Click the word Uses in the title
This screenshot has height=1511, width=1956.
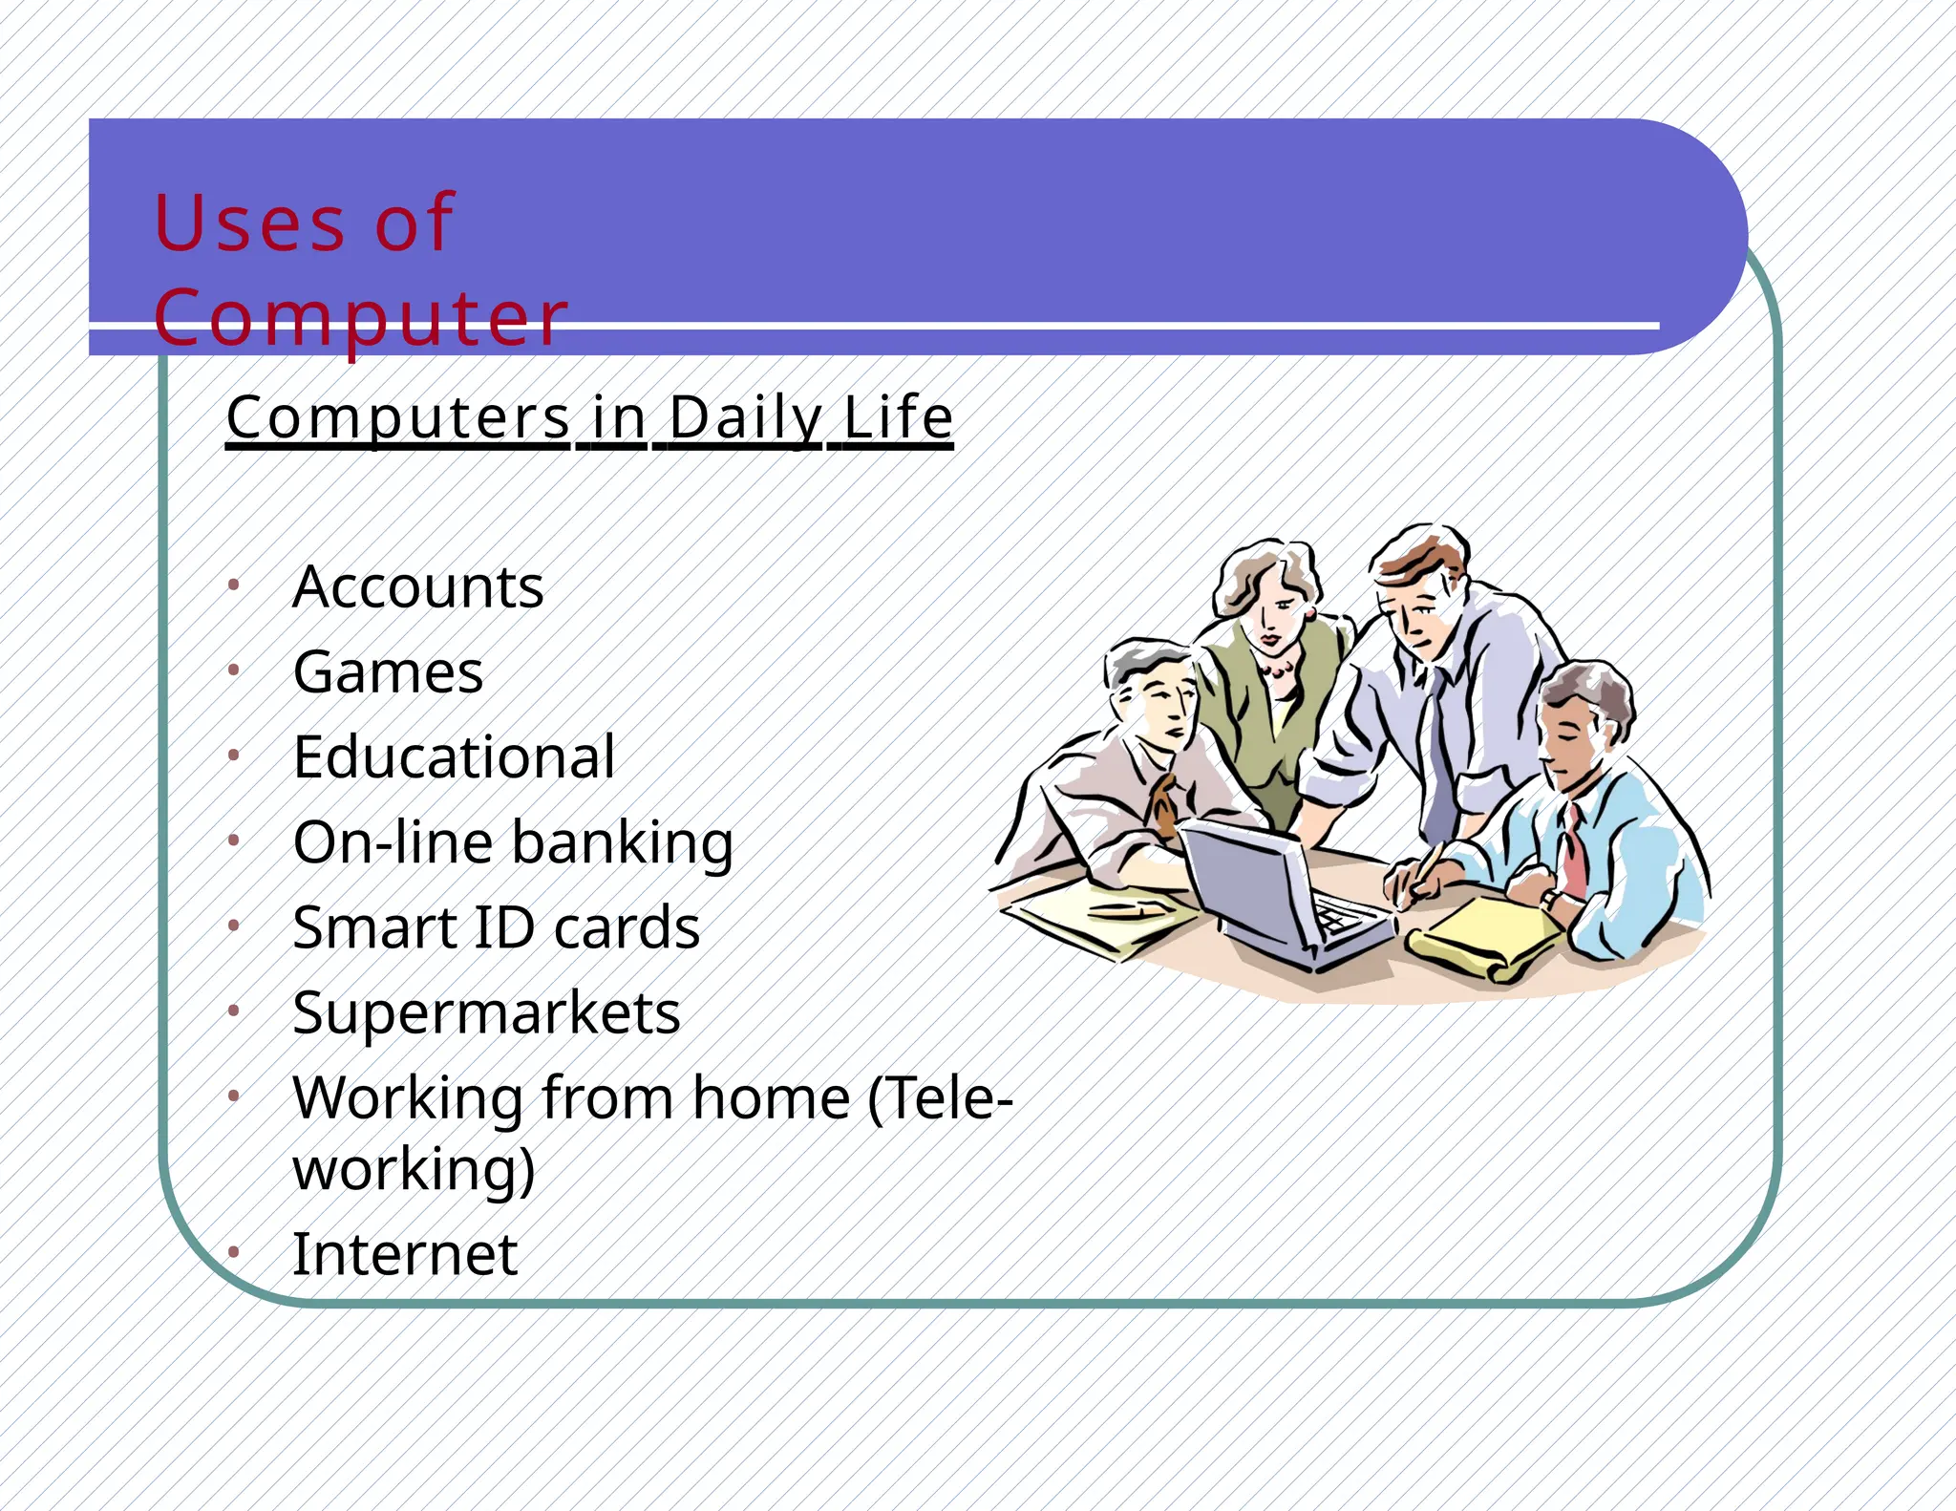tap(248, 223)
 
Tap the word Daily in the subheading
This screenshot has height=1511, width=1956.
tap(745, 418)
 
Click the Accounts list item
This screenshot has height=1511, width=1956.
tap(418, 586)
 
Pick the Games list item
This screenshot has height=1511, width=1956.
tap(388, 672)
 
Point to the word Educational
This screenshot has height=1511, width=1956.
tap(454, 757)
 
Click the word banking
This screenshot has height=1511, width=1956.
tap(623, 843)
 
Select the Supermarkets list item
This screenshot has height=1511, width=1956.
tap(486, 1012)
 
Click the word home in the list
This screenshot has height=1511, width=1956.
tap(771, 1097)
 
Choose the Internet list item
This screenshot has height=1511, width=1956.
tap(405, 1254)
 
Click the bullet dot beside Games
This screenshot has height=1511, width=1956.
tap(233, 671)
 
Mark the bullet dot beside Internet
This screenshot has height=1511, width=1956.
tap(233, 1252)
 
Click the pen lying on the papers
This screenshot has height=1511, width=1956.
tap(1127, 909)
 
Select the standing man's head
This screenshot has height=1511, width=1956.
tap(1418, 592)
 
